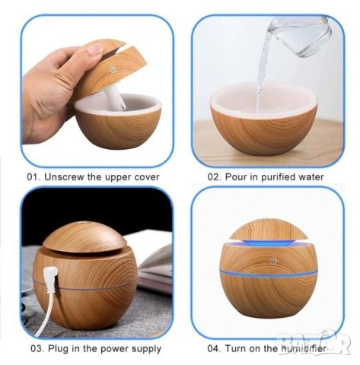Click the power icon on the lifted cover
pyautogui.click(x=113, y=70)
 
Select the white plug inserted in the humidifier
pyautogui.click(x=52, y=278)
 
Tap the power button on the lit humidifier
pyautogui.click(x=272, y=261)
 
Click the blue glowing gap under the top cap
pyautogui.click(x=269, y=243)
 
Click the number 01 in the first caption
pyautogui.click(x=33, y=177)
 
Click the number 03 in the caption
pyautogui.click(x=37, y=348)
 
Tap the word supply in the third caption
pyautogui.click(x=146, y=349)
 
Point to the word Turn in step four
pyautogui.click(x=235, y=348)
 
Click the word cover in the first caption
pyautogui.click(x=147, y=177)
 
